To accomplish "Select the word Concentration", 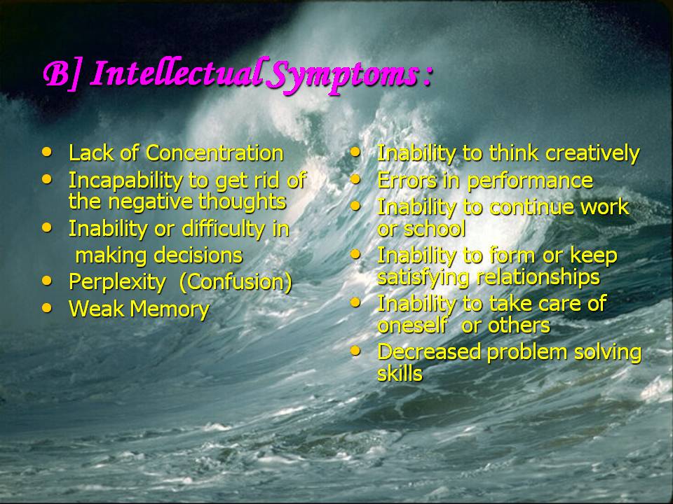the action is pos(215,153).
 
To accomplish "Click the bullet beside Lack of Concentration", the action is pos(47,151).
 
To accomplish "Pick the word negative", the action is pos(150,202).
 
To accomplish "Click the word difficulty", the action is pos(223,230).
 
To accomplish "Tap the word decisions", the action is pos(198,255).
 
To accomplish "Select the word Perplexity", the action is pos(117,283).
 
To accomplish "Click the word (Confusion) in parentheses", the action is pos(236,282).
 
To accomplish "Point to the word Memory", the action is pos(170,309).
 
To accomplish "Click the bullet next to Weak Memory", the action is pos(47,307).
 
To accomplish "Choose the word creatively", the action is pos(593,154).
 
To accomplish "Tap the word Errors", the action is pos(407,181).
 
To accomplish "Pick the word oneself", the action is pos(412,325).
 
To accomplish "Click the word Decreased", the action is pos(429,352).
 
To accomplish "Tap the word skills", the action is pos(400,373).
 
